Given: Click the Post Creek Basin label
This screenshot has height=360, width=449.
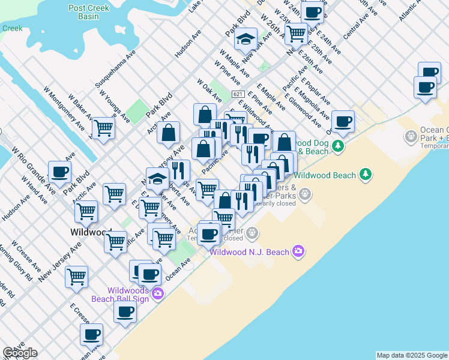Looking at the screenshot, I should (x=92, y=12).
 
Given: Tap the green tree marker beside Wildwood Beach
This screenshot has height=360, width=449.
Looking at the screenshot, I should (x=366, y=175).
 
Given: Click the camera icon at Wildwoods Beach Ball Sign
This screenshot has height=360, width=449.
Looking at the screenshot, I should (x=157, y=293).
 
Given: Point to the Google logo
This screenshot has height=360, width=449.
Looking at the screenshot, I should (x=20, y=353).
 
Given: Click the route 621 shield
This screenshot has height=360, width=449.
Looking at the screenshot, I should (x=238, y=94).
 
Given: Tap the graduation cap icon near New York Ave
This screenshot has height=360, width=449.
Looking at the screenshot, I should (x=245, y=40).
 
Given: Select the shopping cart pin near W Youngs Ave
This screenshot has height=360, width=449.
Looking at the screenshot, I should (x=103, y=128).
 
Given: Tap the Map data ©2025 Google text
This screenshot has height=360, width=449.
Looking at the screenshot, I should (x=412, y=355).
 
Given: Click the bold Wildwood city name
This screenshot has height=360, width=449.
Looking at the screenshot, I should (x=90, y=232).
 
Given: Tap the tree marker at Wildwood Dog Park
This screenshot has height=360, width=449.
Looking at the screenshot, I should (x=339, y=146).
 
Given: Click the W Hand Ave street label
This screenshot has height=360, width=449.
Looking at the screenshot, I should (x=32, y=188).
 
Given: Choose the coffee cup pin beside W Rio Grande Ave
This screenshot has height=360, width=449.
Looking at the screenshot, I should (x=60, y=173).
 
